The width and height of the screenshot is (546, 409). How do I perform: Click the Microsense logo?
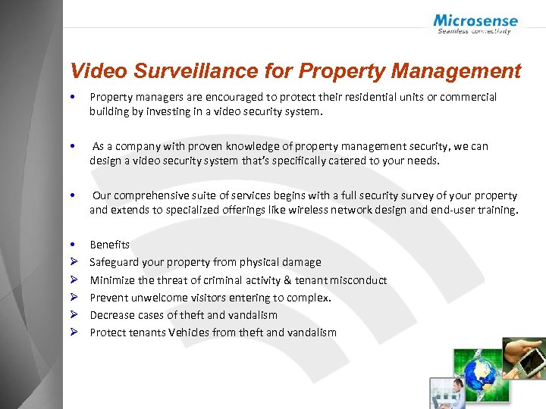point(475,23)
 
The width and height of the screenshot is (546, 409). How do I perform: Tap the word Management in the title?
point(463,71)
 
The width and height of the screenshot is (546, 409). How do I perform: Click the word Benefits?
point(109,245)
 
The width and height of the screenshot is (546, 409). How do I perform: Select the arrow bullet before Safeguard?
point(74,262)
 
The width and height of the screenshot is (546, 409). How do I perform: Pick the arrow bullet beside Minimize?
point(74,280)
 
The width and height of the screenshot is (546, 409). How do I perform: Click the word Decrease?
point(112,315)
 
